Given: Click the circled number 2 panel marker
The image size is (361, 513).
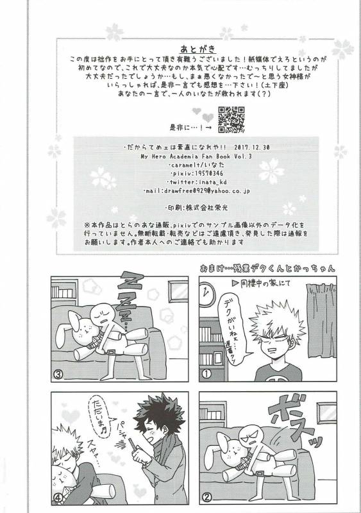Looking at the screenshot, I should pyautogui.click(x=206, y=497).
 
